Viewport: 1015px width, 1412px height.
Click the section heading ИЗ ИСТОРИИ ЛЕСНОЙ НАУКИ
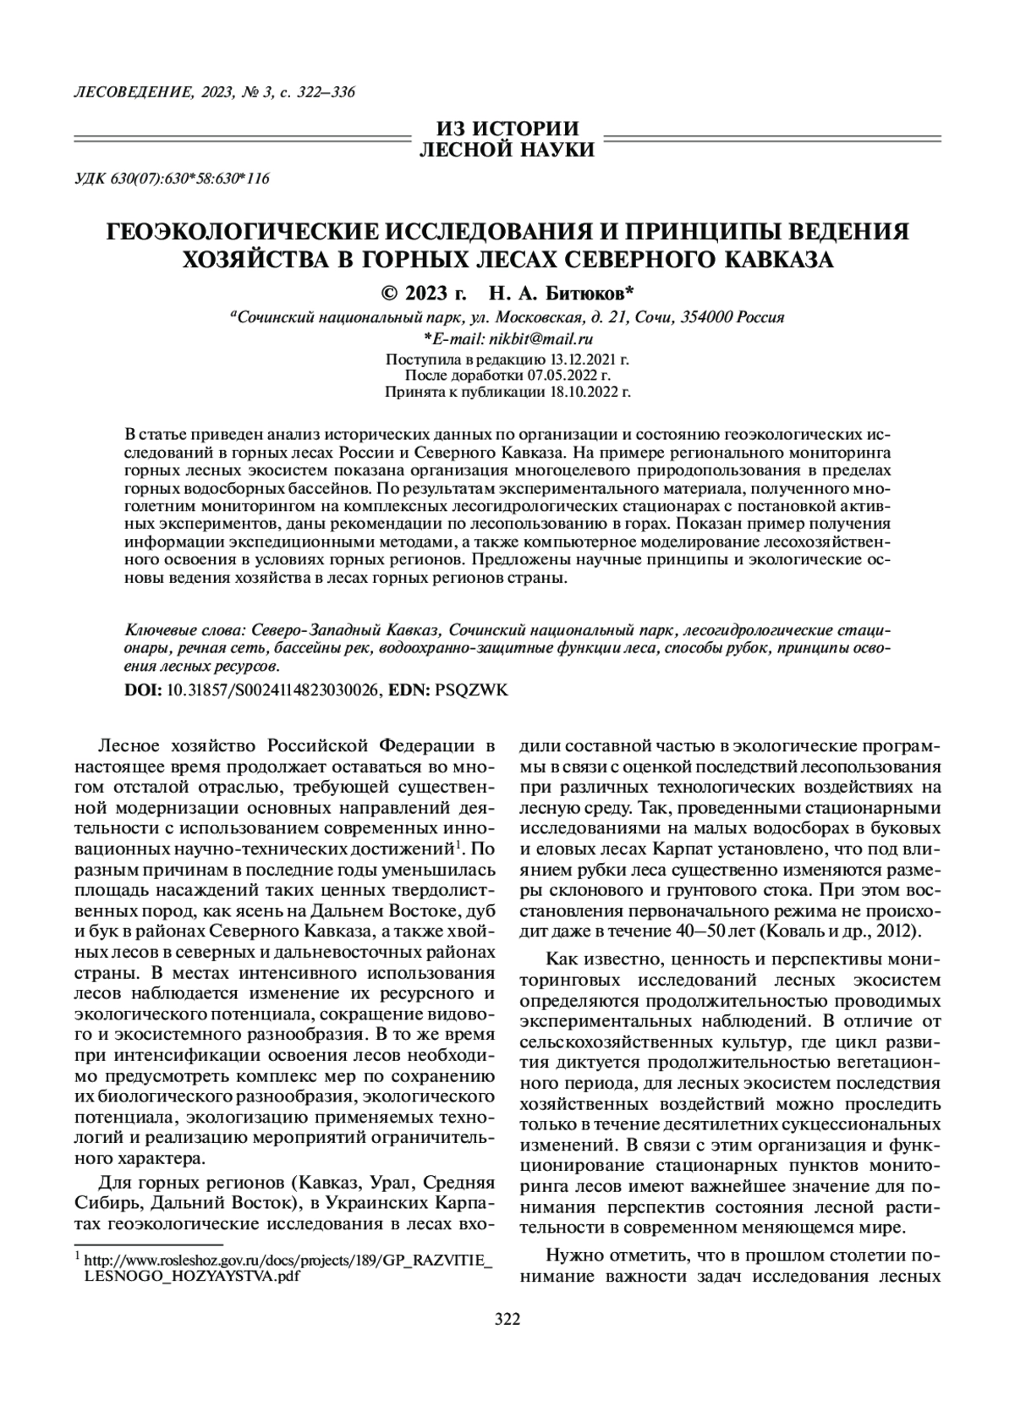click(507, 140)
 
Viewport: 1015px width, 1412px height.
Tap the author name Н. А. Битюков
click(561, 293)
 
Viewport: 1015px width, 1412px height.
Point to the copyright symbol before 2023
click(389, 293)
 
